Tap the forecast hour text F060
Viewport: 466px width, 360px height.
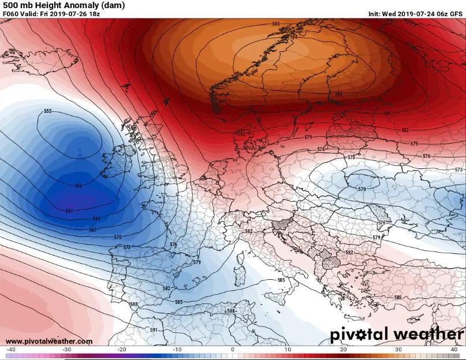coord(11,14)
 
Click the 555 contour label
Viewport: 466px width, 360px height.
coord(48,111)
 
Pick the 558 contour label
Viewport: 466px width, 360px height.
coord(79,186)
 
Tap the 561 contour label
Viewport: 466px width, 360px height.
coord(69,211)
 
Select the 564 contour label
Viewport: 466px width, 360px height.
coord(96,219)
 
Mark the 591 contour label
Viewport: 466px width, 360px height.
coord(154,330)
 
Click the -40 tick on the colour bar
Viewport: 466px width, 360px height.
coord(10,350)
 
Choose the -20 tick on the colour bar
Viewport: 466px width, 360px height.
coord(122,350)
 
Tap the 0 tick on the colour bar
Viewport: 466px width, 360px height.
coord(233,350)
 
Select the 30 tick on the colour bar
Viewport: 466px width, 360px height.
coord(399,350)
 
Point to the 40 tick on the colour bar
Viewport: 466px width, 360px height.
coord(454,350)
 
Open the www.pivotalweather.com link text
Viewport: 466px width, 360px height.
coord(49,341)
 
